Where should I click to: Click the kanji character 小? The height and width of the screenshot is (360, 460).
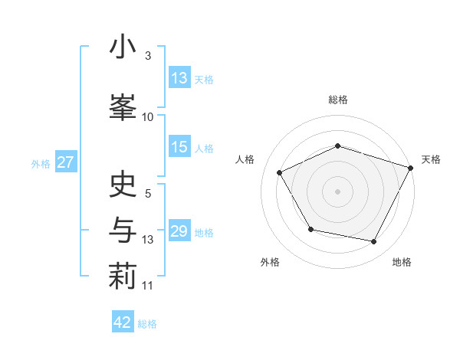click(x=123, y=48)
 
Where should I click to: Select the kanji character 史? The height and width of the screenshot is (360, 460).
click(x=123, y=185)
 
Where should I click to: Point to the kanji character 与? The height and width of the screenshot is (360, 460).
click(x=123, y=230)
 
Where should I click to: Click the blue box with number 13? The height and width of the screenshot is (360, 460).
click(x=179, y=78)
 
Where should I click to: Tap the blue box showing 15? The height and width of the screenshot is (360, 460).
click(x=179, y=148)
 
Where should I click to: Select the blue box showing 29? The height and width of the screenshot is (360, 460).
click(x=179, y=232)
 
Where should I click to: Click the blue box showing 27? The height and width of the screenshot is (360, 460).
click(x=65, y=163)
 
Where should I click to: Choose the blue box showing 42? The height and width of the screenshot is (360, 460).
click(x=123, y=322)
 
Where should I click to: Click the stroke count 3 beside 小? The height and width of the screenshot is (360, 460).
click(x=148, y=56)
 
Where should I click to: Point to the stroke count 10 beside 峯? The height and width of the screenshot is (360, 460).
click(x=148, y=116)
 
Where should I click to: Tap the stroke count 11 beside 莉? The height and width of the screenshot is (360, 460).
click(x=148, y=286)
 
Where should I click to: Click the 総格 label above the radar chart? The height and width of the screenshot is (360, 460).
click(x=337, y=100)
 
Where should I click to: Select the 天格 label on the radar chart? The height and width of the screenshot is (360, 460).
click(x=431, y=159)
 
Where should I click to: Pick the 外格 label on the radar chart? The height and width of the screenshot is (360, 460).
click(x=270, y=263)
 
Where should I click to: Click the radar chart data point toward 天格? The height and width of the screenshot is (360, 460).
click(x=411, y=167)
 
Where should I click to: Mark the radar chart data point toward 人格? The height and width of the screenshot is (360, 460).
click(x=280, y=173)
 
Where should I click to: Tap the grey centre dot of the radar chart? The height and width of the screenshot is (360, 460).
click(x=337, y=191)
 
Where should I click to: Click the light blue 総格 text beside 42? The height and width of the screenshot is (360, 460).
click(x=147, y=324)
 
